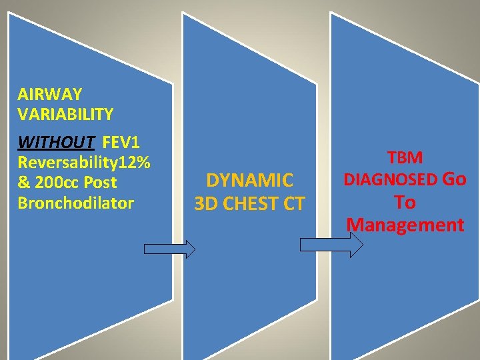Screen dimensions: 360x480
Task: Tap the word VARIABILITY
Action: point(65,114)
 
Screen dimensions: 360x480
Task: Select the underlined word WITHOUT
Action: point(56,143)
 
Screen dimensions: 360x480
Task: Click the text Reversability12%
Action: point(83,163)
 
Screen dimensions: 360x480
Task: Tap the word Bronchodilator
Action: point(75,203)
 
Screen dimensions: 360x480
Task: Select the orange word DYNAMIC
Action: point(249,180)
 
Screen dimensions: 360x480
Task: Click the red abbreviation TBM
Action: point(405,158)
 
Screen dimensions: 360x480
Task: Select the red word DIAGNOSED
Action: point(390,180)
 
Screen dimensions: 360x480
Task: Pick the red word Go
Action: point(454,179)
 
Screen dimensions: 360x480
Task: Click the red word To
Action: point(404,203)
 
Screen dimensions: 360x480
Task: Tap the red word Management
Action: point(405,225)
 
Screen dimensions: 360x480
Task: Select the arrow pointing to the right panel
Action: point(331,245)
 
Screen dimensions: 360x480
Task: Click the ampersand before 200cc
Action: point(24,183)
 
